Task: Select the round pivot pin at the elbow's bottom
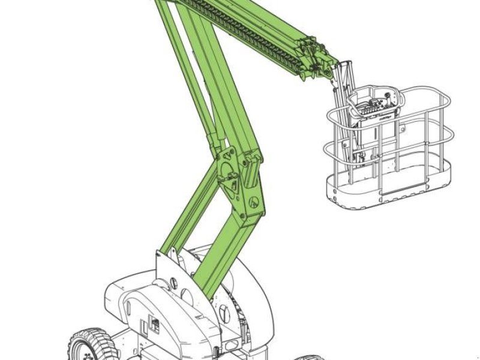(x=254, y=203)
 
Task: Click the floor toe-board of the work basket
(x=384, y=198)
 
